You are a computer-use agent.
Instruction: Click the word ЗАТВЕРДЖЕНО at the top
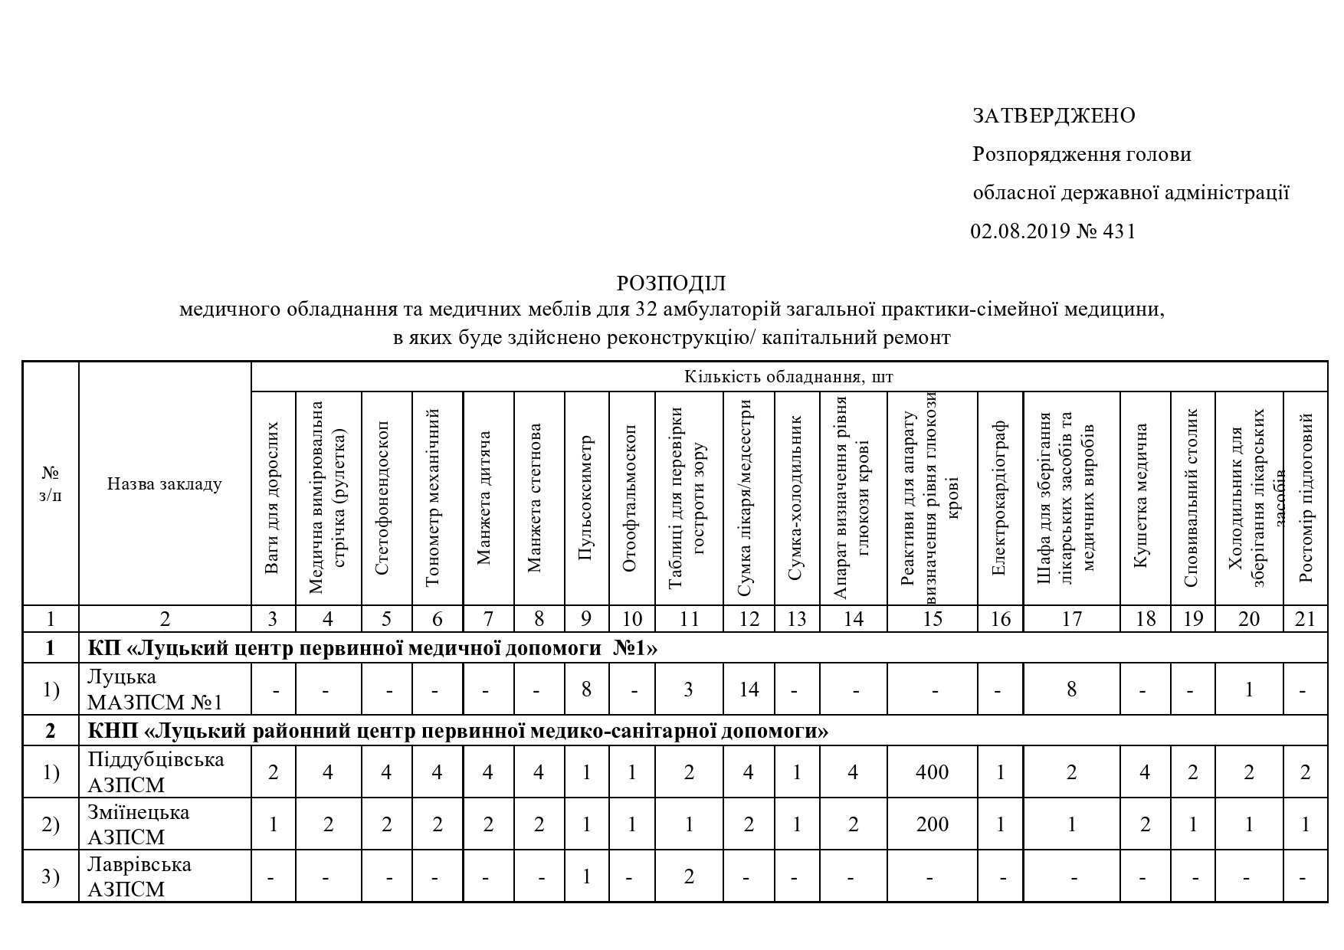(1054, 116)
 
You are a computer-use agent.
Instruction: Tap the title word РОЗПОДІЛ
(670, 283)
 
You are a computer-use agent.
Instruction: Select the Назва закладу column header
(165, 484)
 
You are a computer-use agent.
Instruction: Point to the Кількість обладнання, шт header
(788, 377)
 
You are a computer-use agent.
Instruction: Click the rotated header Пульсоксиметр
(586, 498)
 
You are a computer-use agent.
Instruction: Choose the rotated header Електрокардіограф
(1000, 498)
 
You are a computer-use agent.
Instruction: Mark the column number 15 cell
(932, 619)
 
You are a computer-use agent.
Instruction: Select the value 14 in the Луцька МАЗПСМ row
(749, 690)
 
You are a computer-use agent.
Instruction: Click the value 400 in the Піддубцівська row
(932, 772)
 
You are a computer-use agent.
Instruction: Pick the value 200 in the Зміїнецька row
(932, 824)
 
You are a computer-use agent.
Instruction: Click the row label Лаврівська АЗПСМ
(139, 876)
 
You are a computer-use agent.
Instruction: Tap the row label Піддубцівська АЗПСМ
(156, 771)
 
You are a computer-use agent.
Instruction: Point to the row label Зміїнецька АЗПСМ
(139, 824)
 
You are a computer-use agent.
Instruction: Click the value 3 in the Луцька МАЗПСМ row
(688, 690)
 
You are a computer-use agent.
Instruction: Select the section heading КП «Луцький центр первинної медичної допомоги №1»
(372, 648)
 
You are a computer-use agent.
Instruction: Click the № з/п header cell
(51, 484)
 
